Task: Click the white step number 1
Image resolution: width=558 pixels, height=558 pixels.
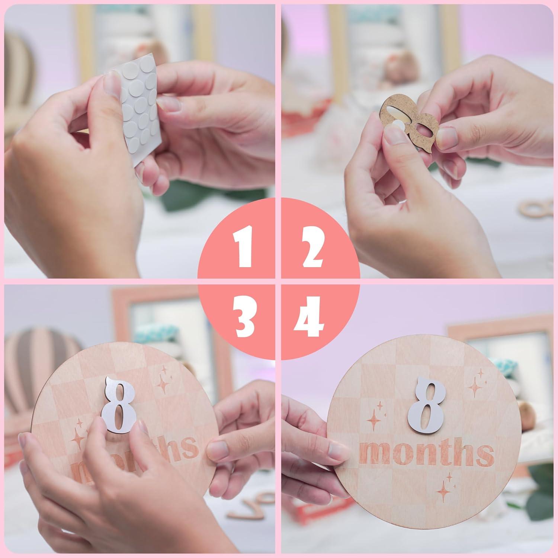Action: [x=244, y=247]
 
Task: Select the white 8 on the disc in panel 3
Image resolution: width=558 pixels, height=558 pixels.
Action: [x=118, y=405]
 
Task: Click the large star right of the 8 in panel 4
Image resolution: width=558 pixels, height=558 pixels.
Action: [x=476, y=387]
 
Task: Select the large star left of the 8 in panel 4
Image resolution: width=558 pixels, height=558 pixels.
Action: [x=374, y=423]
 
